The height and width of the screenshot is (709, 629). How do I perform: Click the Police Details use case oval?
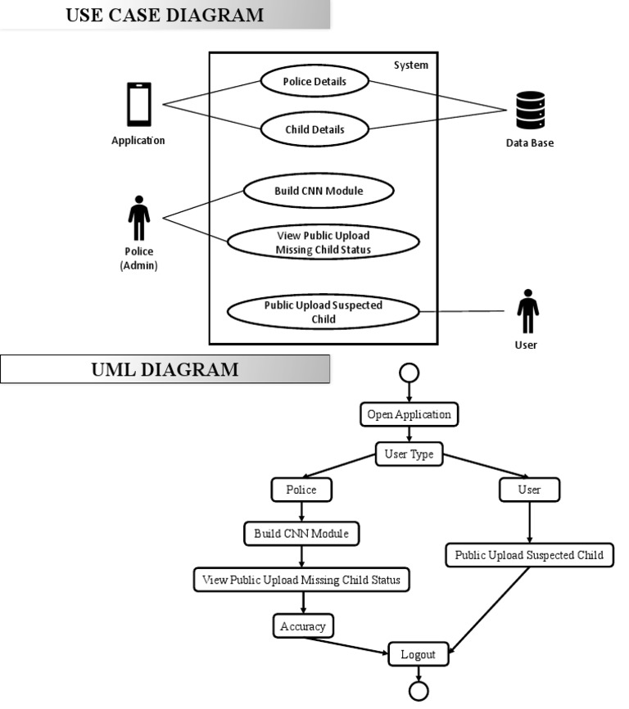pyautogui.click(x=314, y=81)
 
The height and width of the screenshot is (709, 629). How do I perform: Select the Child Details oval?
pyautogui.click(x=314, y=129)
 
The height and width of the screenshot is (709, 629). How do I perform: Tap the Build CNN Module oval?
pyautogui.click(x=319, y=191)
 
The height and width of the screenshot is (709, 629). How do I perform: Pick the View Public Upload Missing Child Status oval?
pyautogui.click(x=324, y=243)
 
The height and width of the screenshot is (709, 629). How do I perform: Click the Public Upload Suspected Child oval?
pyautogui.click(x=323, y=311)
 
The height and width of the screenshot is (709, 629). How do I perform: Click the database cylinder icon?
pyautogui.click(x=530, y=111)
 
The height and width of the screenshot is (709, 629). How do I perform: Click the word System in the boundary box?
pyautogui.click(x=410, y=65)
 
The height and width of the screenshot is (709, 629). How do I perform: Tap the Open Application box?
pyautogui.click(x=409, y=414)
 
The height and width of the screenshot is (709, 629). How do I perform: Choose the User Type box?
pyautogui.click(x=409, y=454)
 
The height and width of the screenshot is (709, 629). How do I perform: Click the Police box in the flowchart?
pyautogui.click(x=300, y=490)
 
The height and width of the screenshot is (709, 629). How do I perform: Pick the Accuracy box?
pyautogui.click(x=303, y=626)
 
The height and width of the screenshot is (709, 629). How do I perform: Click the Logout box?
pyautogui.click(x=419, y=654)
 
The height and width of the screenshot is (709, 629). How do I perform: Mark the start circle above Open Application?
pyautogui.click(x=408, y=373)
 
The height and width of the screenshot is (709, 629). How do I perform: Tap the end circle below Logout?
pyautogui.click(x=419, y=692)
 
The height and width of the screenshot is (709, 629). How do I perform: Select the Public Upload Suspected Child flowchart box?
pyautogui.click(x=529, y=555)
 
